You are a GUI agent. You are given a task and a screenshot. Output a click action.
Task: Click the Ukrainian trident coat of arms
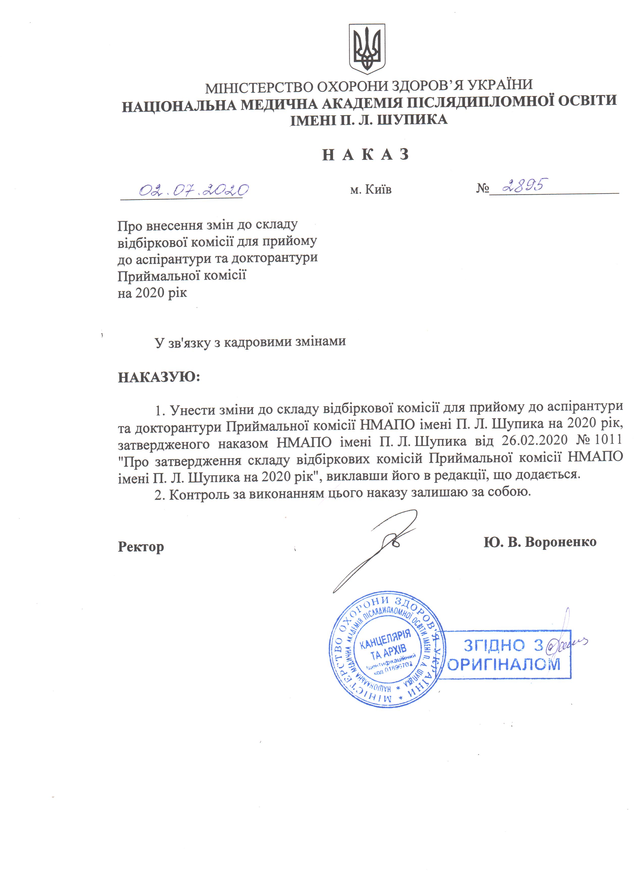367,49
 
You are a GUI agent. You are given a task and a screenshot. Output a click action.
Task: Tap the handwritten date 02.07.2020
194,190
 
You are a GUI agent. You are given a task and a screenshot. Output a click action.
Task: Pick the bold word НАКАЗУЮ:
159,377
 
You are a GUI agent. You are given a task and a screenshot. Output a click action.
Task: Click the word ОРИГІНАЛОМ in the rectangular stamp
504,664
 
